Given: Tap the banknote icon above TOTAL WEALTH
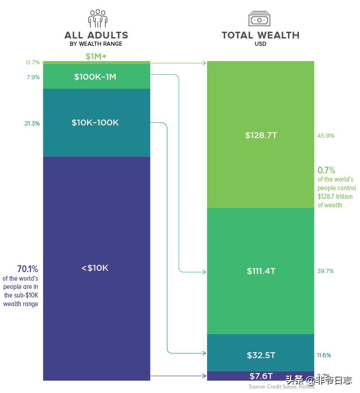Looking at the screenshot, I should pyautogui.click(x=259, y=19).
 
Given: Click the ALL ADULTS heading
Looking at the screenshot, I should pyautogui.click(x=96, y=35).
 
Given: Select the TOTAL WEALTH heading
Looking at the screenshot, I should pyautogui.click(x=261, y=35).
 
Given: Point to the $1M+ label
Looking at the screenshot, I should pyautogui.click(x=96, y=57).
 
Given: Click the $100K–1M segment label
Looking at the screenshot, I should pyautogui.click(x=95, y=77).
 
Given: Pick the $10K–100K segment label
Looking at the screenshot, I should pyautogui.click(x=95, y=123).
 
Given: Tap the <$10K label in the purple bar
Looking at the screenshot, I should pyautogui.click(x=95, y=268).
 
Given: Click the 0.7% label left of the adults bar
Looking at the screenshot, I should pyautogui.click(x=33, y=62).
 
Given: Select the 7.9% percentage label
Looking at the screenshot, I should pyautogui.click(x=33, y=77).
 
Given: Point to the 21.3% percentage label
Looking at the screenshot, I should pyautogui.click(x=32, y=123).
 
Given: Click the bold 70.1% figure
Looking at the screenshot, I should pyautogui.click(x=28, y=269).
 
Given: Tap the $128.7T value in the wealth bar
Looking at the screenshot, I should pyautogui.click(x=261, y=135).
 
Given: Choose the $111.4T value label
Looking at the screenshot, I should pyautogui.click(x=261, y=271).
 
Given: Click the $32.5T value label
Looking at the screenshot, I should pyautogui.click(x=261, y=355).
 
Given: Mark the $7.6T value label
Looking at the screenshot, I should pyautogui.click(x=261, y=376).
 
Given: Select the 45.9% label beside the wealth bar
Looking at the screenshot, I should pyautogui.click(x=326, y=136).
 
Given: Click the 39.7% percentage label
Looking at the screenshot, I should pyautogui.click(x=326, y=271).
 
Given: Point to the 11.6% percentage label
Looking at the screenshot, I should pyautogui.click(x=324, y=355).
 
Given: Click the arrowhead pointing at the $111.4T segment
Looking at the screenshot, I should pyautogui.click(x=204, y=272).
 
